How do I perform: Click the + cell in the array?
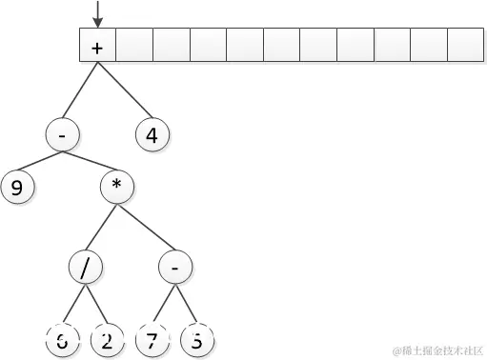(97, 45)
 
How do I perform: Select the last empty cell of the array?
(466, 45)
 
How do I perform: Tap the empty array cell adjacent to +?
(134, 45)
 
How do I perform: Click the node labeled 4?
(152, 134)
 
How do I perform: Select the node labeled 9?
(17, 187)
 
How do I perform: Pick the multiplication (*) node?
(116, 185)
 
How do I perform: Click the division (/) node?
(86, 268)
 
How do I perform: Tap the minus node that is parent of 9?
(61, 134)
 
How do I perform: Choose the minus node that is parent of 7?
(175, 268)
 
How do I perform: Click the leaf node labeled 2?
(107, 340)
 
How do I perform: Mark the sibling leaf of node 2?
(63, 340)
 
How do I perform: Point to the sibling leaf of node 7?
(196, 340)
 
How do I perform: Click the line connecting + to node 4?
(125, 91)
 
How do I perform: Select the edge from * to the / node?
(101, 227)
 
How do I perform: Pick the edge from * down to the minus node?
(146, 227)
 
